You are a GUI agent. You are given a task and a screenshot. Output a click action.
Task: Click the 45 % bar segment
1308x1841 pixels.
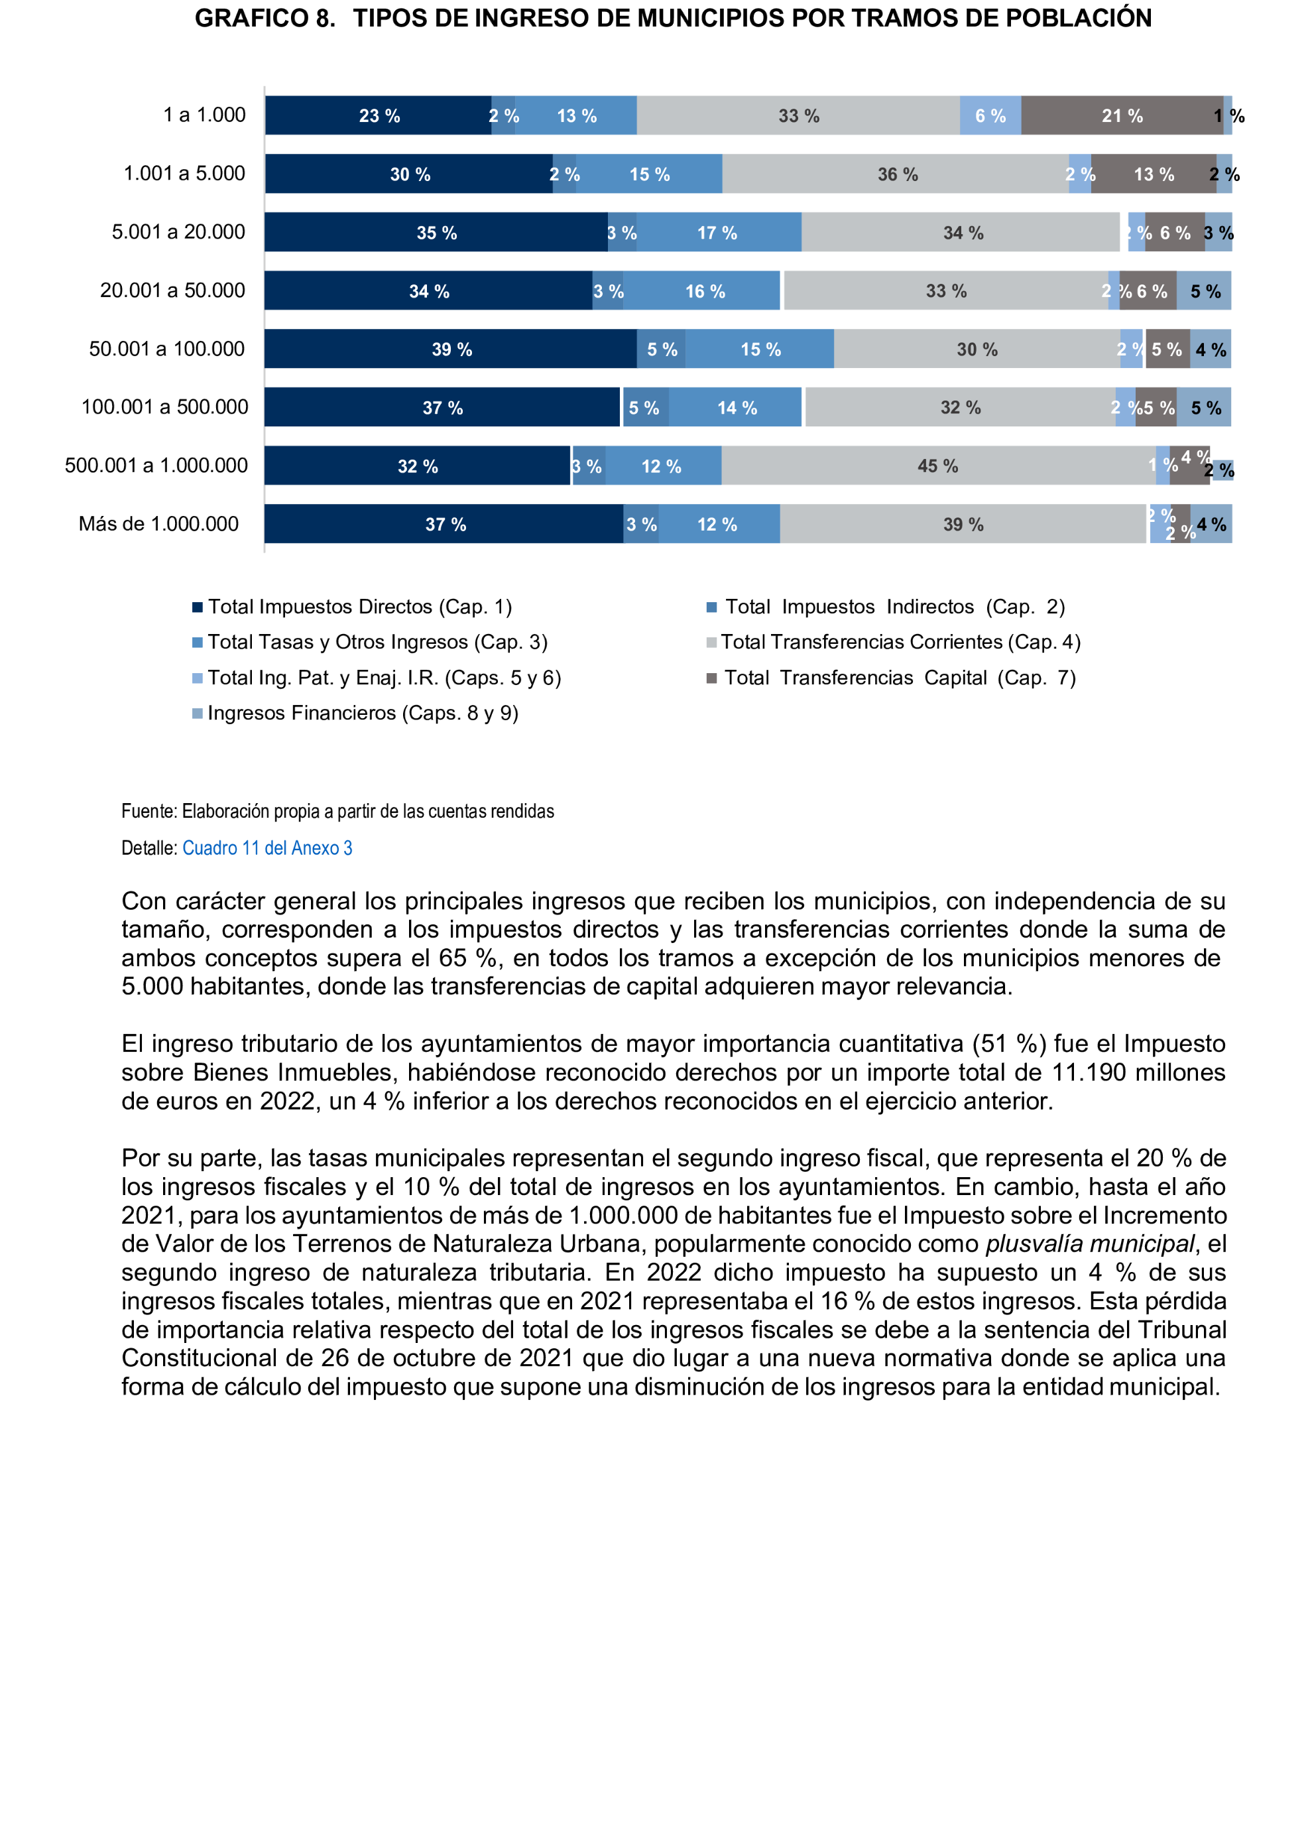coord(937,466)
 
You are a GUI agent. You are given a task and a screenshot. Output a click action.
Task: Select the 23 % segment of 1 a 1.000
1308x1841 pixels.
coord(379,115)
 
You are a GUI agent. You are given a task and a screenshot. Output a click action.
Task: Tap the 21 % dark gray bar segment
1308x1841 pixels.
coord(1122,115)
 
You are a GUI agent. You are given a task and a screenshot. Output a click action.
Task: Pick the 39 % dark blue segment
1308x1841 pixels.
coord(451,349)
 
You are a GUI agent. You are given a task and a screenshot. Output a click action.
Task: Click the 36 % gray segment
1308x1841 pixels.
coord(896,174)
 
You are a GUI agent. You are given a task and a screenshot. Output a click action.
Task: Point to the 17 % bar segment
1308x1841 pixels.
coord(717,233)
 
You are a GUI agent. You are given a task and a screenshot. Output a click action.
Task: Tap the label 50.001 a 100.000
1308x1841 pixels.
coord(166,349)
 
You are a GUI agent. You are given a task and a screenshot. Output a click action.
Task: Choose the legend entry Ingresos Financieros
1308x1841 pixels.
coord(363,713)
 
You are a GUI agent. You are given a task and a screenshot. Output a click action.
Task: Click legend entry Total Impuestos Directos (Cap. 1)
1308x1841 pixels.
coord(359,607)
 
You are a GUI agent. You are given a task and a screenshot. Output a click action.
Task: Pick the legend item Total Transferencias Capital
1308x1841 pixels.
coord(899,678)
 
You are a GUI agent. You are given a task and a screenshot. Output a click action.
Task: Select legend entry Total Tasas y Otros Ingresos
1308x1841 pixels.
coord(377,642)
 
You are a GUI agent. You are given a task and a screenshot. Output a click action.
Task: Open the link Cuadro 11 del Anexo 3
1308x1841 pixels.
coord(267,848)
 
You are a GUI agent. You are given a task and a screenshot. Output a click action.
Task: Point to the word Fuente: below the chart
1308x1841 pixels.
coord(149,810)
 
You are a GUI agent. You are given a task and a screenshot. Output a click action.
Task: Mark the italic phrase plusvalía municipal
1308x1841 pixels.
coord(1090,1243)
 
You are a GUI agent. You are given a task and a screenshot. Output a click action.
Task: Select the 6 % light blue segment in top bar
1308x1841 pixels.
coord(990,115)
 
